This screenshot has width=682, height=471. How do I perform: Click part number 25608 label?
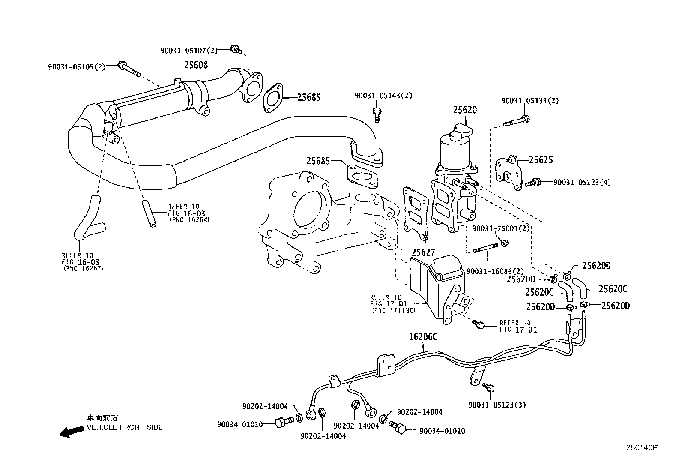(x=196, y=65)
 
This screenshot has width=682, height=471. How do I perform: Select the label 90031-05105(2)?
(x=76, y=66)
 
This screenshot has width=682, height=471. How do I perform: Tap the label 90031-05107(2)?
(x=188, y=51)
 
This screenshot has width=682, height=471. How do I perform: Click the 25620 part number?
(x=465, y=110)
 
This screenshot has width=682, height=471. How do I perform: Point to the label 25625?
(x=541, y=160)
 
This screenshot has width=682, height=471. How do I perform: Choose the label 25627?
(x=423, y=252)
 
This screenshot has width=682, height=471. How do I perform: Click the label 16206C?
(x=423, y=337)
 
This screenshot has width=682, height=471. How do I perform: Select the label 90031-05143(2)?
(x=383, y=96)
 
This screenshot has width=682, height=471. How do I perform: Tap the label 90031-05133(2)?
(x=530, y=101)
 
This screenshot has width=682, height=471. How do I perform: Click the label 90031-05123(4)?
(x=582, y=182)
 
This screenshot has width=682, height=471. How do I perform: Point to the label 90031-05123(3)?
(x=497, y=405)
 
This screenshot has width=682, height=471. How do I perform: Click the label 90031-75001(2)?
(x=501, y=228)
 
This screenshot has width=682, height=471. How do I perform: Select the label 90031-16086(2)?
(x=495, y=271)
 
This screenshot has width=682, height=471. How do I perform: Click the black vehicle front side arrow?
(x=71, y=432)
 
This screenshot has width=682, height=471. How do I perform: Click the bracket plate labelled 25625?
(x=509, y=173)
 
